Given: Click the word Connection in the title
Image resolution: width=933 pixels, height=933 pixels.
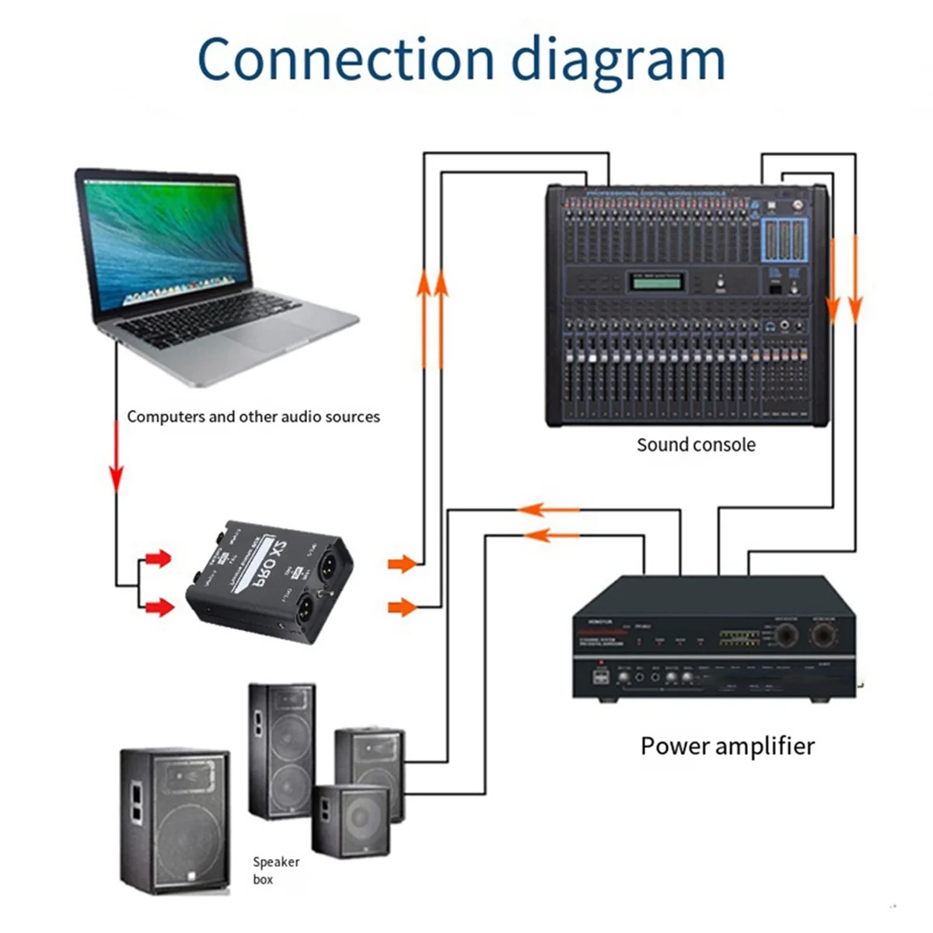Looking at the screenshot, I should (345, 59).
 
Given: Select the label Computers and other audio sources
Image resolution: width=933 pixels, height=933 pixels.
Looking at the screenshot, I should (253, 417).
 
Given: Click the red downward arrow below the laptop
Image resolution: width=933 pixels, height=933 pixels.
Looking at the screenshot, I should (117, 466).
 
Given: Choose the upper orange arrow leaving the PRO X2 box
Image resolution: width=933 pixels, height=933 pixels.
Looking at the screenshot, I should (403, 563).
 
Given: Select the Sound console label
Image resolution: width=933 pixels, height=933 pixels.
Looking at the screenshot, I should (696, 445).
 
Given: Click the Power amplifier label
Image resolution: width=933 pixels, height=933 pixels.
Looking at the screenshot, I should (727, 746).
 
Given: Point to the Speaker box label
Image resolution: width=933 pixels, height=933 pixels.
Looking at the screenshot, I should (274, 870).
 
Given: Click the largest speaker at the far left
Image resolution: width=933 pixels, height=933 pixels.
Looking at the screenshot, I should (175, 820).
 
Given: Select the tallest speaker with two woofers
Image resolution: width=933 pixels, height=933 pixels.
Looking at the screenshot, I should (281, 750).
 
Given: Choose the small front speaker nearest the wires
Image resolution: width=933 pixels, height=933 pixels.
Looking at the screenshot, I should (351, 820).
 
